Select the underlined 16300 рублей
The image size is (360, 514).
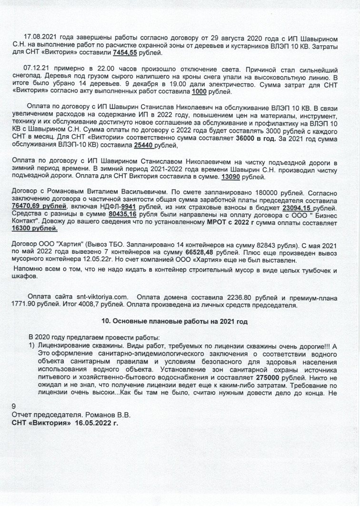32,228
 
